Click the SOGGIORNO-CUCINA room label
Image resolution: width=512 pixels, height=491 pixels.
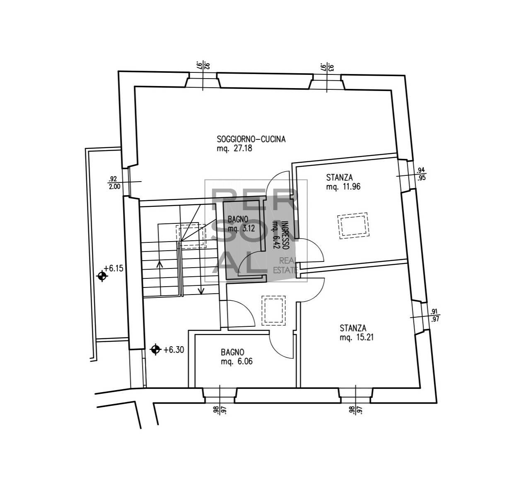click(251, 139)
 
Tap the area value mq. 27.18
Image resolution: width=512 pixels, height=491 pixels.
click(234, 148)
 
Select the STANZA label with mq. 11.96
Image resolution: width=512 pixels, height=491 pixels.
click(339, 177)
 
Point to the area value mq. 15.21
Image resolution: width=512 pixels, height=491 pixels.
click(357, 337)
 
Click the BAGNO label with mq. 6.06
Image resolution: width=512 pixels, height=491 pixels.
click(232, 352)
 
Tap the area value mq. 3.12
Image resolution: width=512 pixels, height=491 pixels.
click(241, 229)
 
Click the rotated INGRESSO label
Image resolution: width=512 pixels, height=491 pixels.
click(285, 235)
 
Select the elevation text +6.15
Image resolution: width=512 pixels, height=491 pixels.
click(114, 268)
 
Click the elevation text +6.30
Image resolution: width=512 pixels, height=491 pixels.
click(174, 350)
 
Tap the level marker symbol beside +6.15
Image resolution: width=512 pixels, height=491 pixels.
click(102, 276)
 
